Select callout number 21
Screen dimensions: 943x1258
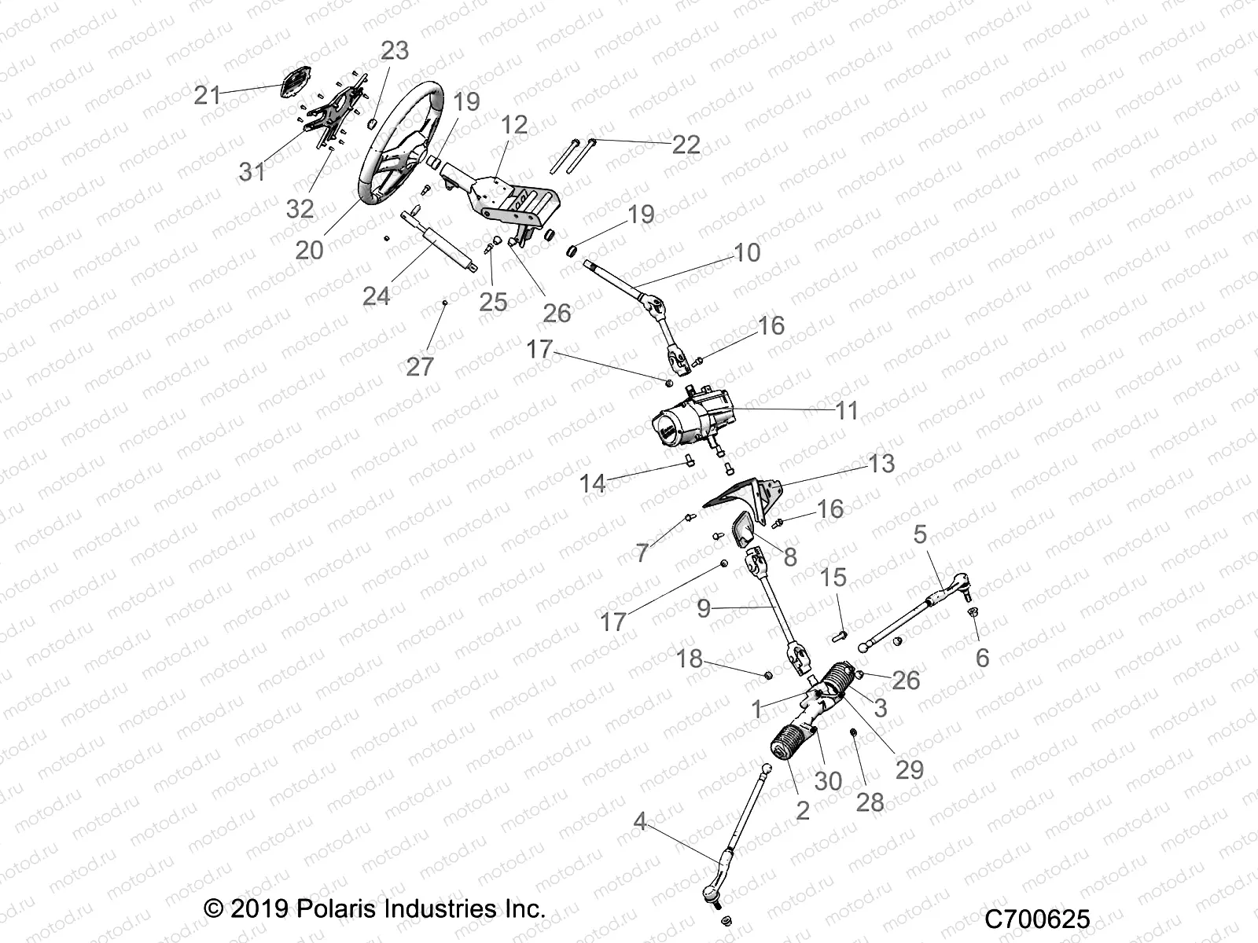click(x=208, y=96)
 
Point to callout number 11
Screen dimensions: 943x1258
click(x=846, y=411)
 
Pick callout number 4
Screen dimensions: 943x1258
click(x=640, y=823)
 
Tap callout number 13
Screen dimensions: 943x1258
click(x=881, y=464)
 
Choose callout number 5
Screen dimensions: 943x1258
click(x=920, y=535)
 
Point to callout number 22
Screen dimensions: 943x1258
click(x=686, y=145)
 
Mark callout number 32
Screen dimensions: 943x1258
click(x=300, y=209)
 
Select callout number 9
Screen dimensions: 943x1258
click(x=704, y=607)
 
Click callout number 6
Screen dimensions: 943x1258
click(x=982, y=657)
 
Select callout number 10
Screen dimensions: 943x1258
click(x=747, y=253)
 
